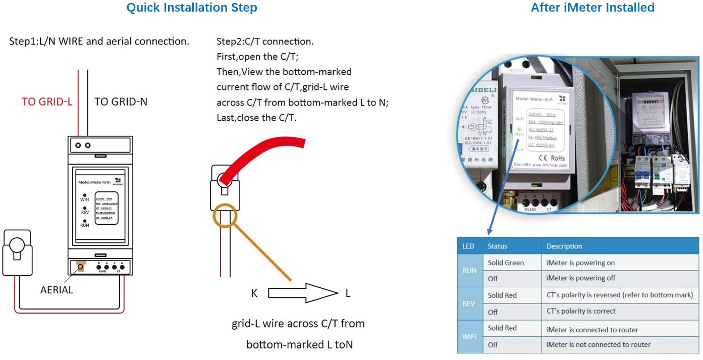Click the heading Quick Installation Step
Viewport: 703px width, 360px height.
[191, 8]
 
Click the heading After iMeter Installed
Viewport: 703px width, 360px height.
[592, 8]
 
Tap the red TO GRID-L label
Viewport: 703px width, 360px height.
[47, 102]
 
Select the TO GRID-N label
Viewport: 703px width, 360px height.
[121, 102]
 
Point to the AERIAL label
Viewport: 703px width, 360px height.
[57, 290]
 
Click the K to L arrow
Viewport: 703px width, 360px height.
[302, 293]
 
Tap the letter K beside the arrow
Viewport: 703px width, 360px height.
[254, 293]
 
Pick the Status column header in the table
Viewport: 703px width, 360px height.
[497, 246]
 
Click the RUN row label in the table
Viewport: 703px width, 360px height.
[469, 271]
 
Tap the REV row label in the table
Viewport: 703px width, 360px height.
[469, 303]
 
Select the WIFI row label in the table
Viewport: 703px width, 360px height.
[469, 336]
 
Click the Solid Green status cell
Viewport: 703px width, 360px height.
[506, 263]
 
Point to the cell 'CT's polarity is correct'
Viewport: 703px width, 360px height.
[580, 312]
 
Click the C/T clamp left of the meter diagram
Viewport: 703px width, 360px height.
[18, 252]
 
